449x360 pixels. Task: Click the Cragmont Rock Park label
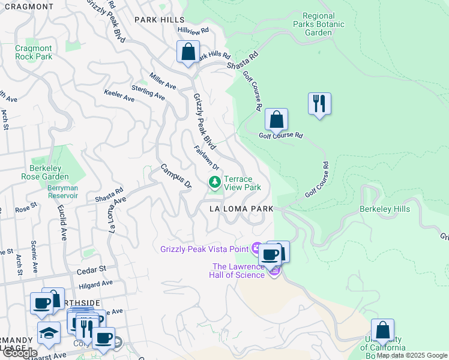(34, 52)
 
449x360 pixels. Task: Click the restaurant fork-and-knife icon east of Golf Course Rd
(319, 104)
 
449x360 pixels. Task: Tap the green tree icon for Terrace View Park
(214, 182)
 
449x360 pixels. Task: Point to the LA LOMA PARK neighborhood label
(241, 209)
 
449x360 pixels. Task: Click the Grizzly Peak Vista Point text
(204, 249)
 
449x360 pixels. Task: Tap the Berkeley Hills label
(385, 209)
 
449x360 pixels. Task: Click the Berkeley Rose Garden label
(49, 173)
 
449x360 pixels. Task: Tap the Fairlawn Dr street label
(206, 158)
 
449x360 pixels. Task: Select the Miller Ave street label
(163, 82)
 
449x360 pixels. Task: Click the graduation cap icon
(49, 332)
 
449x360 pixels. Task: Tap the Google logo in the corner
(20, 353)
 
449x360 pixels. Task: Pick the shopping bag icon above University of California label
(382, 330)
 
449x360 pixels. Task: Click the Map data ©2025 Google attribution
(412, 355)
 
